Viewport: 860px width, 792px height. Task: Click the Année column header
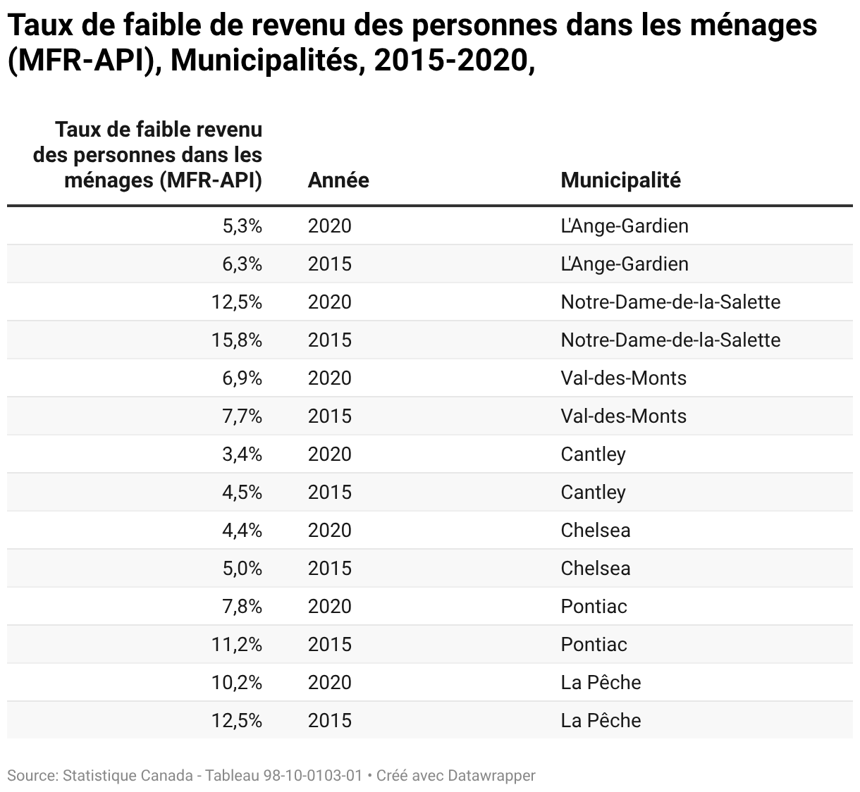(338, 180)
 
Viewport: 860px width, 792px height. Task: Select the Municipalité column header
(620, 180)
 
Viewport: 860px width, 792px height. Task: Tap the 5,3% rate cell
(242, 226)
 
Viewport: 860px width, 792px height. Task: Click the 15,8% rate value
(237, 340)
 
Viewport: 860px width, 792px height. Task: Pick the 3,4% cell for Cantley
(242, 454)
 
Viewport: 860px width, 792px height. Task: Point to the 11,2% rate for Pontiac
(237, 644)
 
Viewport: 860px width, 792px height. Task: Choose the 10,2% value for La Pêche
(237, 682)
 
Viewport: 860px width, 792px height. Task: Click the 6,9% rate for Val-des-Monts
(242, 378)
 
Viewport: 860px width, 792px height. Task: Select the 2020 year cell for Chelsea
(330, 530)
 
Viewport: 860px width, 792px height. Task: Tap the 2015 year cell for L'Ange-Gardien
(330, 264)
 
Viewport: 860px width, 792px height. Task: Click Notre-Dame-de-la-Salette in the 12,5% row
(670, 302)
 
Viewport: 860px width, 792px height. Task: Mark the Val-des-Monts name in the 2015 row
(623, 416)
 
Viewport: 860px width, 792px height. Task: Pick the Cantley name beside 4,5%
(593, 493)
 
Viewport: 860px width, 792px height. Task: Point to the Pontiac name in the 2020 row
(594, 607)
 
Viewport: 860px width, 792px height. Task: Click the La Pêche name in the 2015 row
(601, 720)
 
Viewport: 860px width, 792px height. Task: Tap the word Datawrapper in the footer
(492, 776)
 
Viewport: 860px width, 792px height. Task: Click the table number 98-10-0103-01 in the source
(312, 775)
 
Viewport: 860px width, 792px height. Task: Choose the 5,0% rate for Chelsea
(242, 569)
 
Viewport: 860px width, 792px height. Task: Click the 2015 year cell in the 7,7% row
(330, 416)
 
